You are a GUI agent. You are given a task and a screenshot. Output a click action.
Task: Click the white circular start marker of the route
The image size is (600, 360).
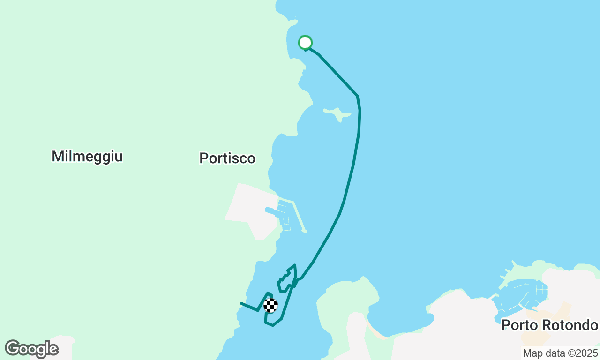[305, 43]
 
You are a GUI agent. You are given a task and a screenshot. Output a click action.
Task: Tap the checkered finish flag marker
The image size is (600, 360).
[270, 306]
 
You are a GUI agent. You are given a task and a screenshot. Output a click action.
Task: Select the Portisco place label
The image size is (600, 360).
[227, 158]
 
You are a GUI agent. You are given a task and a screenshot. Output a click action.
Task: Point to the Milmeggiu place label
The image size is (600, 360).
[87, 156]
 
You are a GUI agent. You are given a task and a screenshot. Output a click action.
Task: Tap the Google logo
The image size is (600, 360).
[31, 349]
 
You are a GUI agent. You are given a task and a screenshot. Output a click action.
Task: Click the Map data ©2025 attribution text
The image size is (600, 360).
[560, 353]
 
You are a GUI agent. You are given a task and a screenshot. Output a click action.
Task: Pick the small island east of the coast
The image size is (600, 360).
[337, 113]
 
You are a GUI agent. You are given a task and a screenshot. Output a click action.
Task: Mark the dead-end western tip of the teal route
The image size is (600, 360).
[241, 303]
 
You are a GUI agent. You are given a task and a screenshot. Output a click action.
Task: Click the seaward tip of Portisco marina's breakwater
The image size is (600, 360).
[305, 231]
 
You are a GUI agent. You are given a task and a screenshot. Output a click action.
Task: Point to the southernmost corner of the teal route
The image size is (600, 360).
[272, 325]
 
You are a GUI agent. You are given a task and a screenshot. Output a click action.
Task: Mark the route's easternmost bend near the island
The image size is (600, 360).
[360, 110]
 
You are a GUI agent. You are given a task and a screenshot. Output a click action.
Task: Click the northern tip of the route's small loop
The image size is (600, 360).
[294, 265]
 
